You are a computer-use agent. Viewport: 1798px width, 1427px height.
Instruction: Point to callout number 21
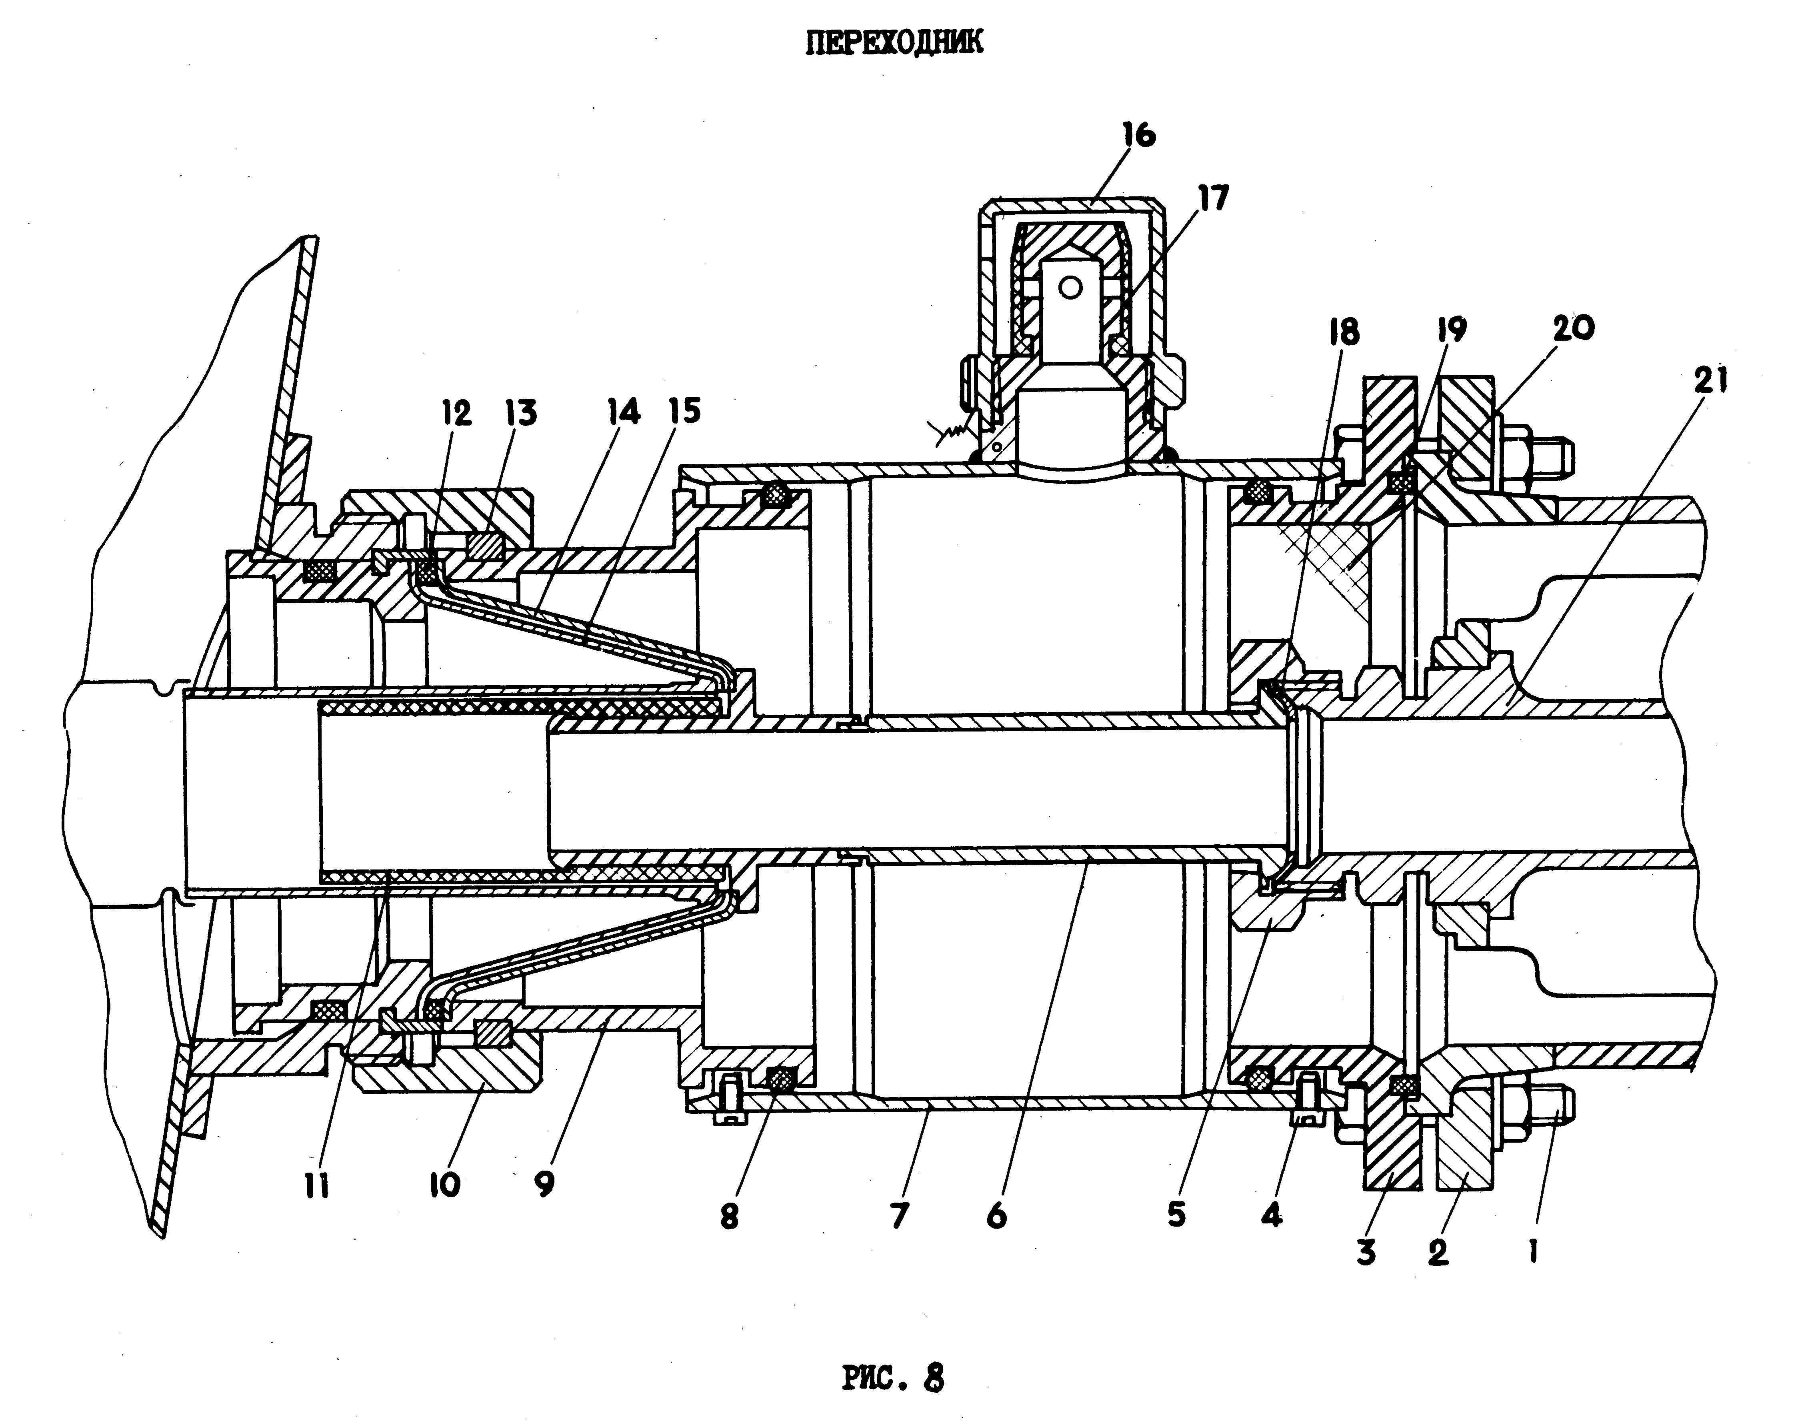pyautogui.click(x=1710, y=380)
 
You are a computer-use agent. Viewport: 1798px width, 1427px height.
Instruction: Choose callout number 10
pyautogui.click(x=445, y=1184)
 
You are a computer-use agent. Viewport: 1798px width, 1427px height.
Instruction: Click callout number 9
pyautogui.click(x=544, y=1183)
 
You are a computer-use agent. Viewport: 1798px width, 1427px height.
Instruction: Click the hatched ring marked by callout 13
pyautogui.click(x=486, y=546)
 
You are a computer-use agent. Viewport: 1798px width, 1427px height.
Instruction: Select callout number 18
pyautogui.click(x=1344, y=331)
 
